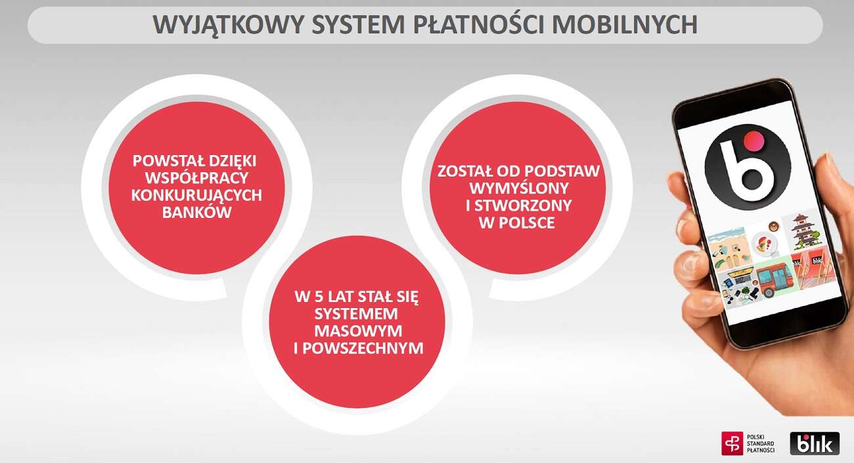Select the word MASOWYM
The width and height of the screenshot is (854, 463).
tap(358, 330)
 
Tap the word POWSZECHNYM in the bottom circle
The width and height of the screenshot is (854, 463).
tap(358, 348)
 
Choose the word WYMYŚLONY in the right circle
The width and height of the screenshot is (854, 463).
tap(518, 188)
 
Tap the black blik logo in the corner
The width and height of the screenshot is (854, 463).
tap(815, 443)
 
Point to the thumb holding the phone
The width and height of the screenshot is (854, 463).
tap(690, 263)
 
